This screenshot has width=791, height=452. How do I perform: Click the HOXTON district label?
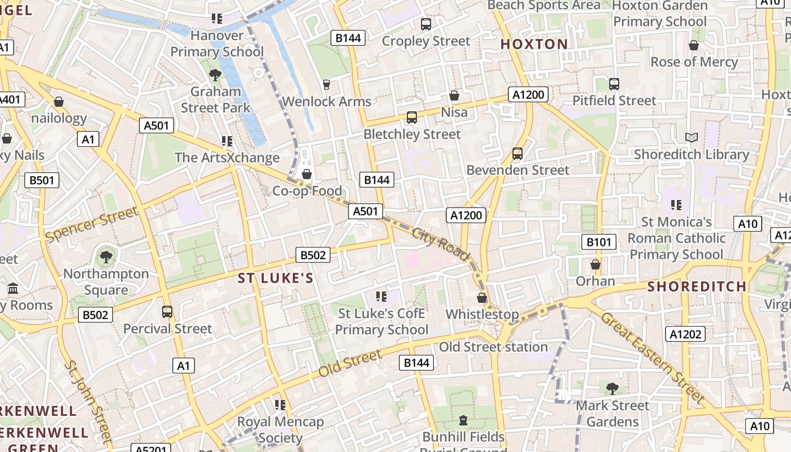click(534, 44)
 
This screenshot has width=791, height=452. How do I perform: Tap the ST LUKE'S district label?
click(275, 278)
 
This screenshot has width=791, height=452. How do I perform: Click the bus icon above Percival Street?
click(167, 312)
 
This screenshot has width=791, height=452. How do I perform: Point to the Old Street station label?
click(493, 347)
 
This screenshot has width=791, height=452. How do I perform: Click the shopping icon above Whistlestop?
click(482, 298)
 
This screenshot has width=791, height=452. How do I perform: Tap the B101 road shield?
click(598, 242)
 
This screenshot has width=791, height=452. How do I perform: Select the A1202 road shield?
click(685, 334)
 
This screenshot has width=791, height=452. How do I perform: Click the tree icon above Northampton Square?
click(106, 258)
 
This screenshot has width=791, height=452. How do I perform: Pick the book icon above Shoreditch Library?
click(691, 137)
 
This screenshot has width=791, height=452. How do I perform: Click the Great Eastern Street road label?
click(653, 357)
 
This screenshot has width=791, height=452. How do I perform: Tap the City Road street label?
click(441, 244)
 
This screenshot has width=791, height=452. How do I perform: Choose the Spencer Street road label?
click(91, 224)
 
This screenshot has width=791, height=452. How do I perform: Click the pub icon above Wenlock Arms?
click(326, 85)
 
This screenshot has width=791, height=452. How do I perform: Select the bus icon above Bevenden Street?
click(517, 153)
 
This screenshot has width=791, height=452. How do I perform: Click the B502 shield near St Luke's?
click(313, 255)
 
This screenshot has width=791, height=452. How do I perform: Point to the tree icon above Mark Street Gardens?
click(612, 388)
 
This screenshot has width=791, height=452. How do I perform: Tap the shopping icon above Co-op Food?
click(307, 174)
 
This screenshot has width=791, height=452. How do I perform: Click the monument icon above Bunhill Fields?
click(463, 420)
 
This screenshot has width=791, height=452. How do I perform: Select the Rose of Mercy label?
click(694, 62)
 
